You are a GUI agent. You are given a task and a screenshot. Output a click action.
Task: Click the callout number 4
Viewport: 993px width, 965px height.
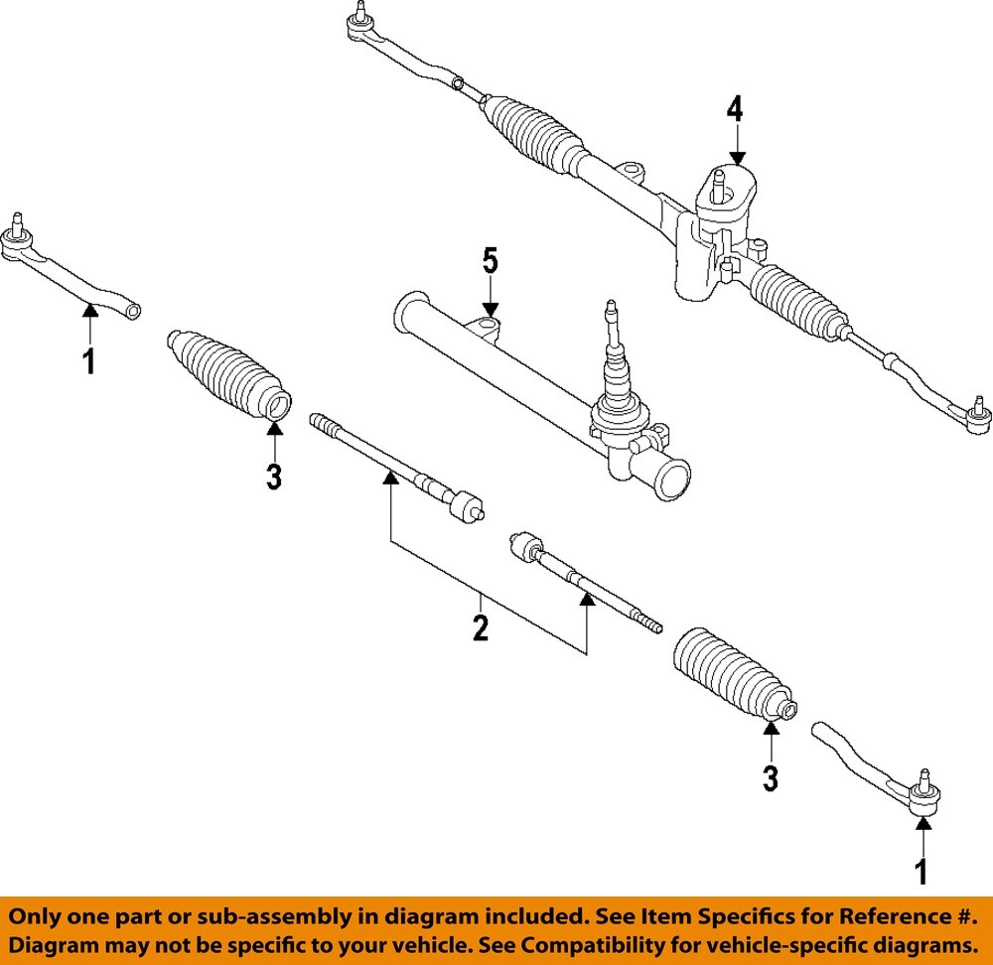734,109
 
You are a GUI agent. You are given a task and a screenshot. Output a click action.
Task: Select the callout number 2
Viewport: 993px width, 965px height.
481,627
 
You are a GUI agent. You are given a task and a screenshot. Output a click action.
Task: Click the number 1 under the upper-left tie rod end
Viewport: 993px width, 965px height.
89,361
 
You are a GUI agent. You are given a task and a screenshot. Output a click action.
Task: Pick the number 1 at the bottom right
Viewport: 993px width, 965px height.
922,871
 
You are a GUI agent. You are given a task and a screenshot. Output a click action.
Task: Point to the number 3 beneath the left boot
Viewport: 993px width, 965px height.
274,477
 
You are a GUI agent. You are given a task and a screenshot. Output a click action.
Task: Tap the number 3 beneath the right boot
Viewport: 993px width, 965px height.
771,778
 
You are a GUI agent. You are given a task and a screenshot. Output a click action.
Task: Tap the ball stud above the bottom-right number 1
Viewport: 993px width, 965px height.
923,778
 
